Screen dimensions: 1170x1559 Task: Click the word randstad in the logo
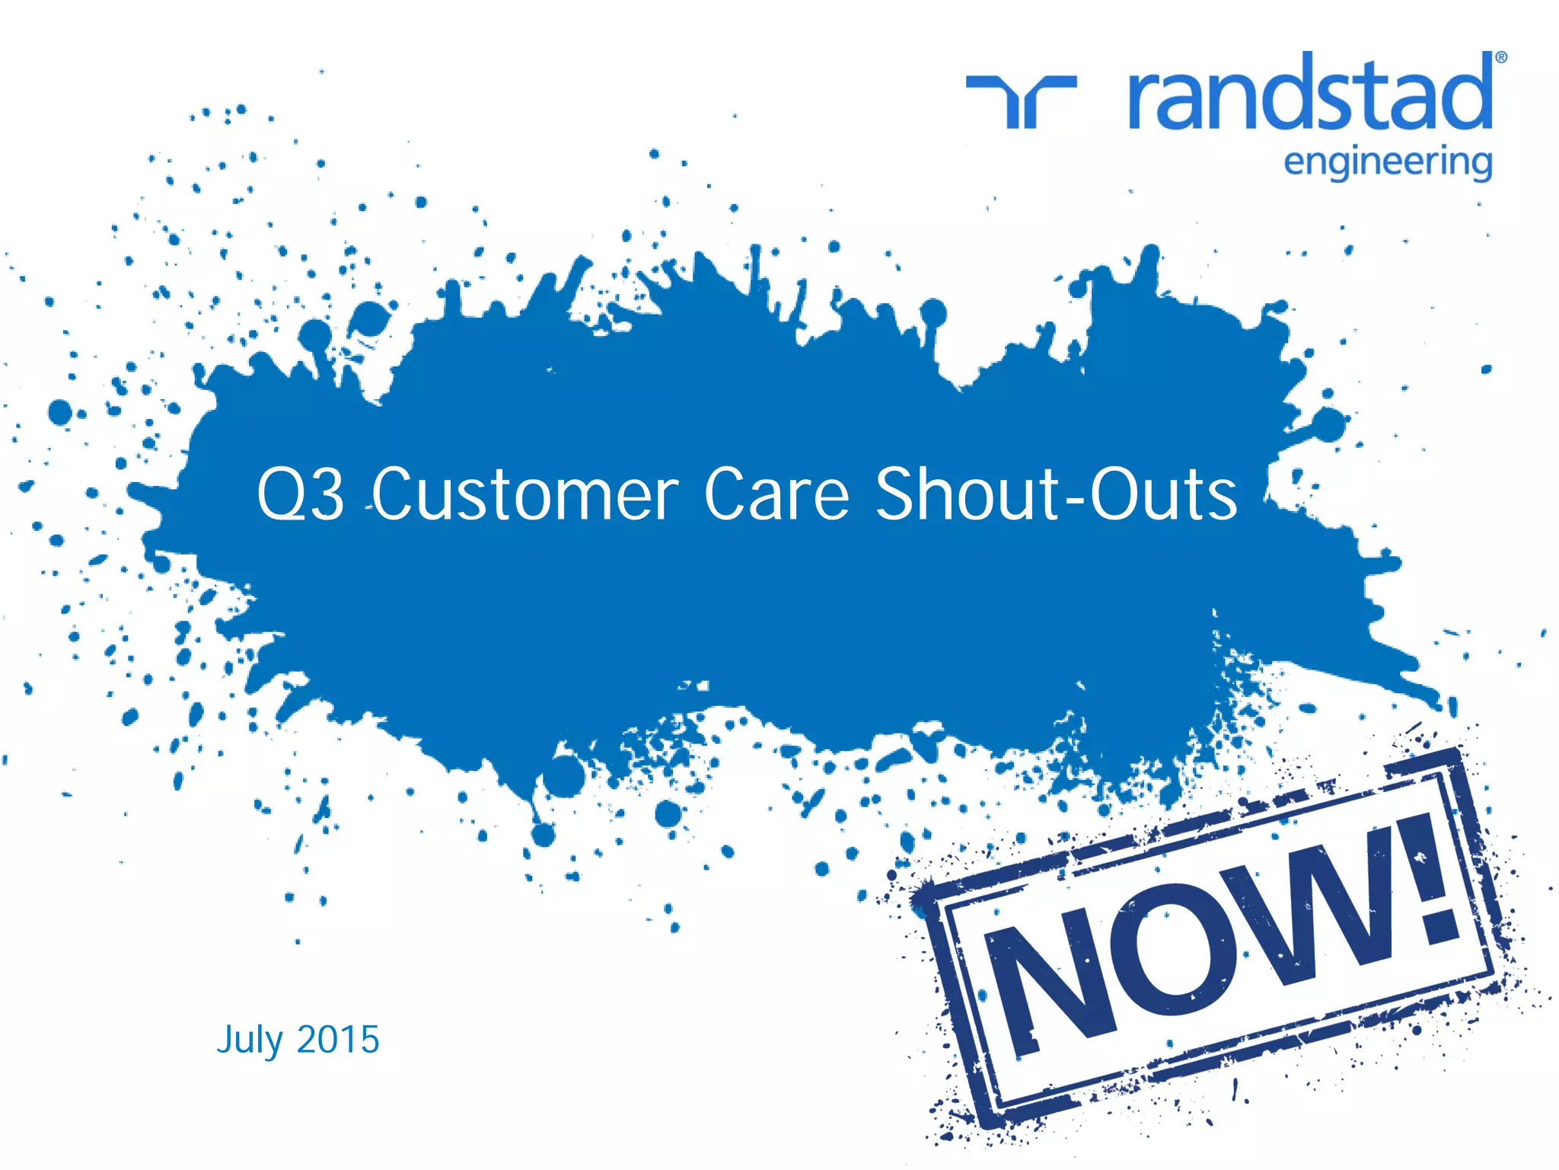(x=1309, y=95)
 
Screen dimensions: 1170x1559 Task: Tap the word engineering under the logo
(x=1387, y=163)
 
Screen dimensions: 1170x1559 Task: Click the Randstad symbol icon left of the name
(x=1021, y=99)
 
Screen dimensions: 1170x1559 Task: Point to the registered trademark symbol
(x=1501, y=57)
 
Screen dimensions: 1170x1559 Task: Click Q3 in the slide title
(x=300, y=495)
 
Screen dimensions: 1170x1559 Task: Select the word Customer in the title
(x=524, y=495)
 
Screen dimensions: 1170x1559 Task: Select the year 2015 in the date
(x=338, y=1040)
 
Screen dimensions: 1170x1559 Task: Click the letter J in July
(x=225, y=1041)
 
